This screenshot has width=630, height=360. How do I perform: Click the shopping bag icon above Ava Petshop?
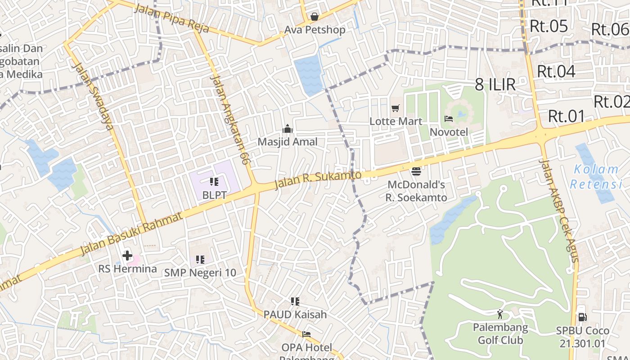tap(315, 17)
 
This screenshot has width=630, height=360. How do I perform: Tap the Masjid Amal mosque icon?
tap(288, 129)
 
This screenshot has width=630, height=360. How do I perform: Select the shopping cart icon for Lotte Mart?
tap(396, 108)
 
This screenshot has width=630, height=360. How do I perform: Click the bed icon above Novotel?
tap(449, 119)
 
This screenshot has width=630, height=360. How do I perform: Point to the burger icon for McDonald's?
tap(416, 171)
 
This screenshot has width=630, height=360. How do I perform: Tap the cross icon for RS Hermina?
tap(127, 256)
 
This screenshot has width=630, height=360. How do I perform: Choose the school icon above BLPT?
tap(214, 182)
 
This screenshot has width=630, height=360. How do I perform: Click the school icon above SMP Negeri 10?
tap(200, 259)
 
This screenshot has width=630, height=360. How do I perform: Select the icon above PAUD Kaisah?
tap(295, 301)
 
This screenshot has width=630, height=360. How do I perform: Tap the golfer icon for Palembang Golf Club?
tap(500, 314)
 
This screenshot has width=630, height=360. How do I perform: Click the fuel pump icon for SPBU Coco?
tap(582, 317)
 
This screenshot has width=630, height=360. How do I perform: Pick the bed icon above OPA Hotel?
tap(306, 334)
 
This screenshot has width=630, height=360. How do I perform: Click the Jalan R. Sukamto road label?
tap(318, 180)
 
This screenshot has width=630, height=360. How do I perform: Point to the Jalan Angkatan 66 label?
tap(230, 119)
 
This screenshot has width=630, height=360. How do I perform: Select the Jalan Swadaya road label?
tap(92, 97)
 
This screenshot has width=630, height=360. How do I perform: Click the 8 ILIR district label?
tap(495, 84)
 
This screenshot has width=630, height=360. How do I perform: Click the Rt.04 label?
tap(556, 71)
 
